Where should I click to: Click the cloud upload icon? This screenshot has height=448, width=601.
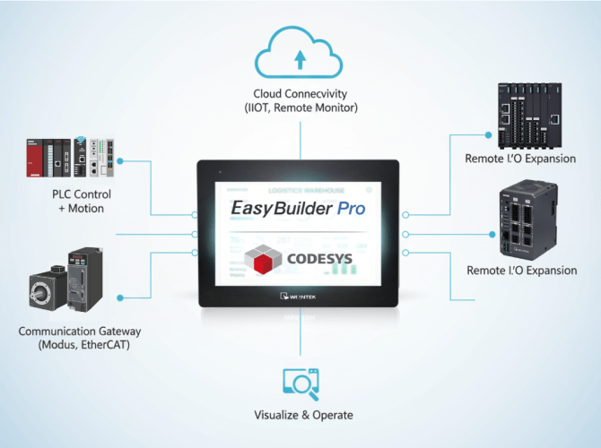coord(300,56)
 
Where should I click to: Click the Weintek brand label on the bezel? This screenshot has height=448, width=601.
coord(300,296)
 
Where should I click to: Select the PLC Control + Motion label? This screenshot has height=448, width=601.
coord(78,201)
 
